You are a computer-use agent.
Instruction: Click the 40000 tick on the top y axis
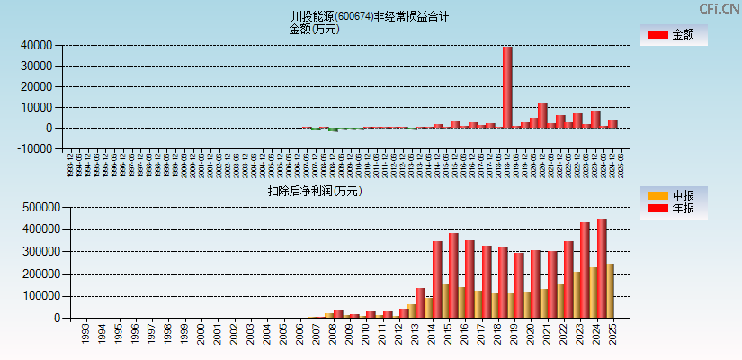(x=35, y=45)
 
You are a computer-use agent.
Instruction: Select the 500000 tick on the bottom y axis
(x=39, y=207)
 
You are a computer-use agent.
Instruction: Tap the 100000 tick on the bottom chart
(x=39, y=296)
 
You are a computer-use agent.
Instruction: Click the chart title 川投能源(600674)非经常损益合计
(x=370, y=16)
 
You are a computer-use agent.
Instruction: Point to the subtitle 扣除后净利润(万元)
(x=314, y=191)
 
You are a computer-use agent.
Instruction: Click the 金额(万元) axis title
(x=314, y=29)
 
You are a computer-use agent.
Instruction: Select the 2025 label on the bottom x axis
(x=612, y=334)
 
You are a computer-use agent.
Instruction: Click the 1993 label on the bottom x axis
(x=85, y=334)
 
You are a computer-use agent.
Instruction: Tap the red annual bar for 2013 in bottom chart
(x=420, y=302)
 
